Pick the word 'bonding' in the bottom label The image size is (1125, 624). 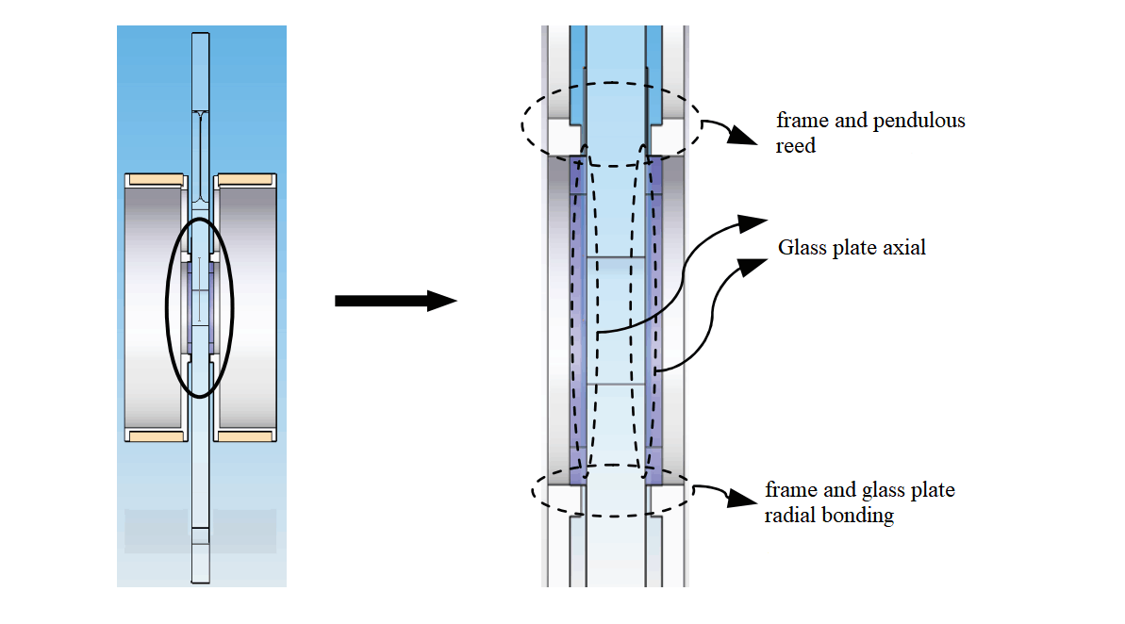coord(860,516)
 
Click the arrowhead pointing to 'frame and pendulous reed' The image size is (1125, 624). coord(745,138)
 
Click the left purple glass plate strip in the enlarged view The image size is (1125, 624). coord(578,320)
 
